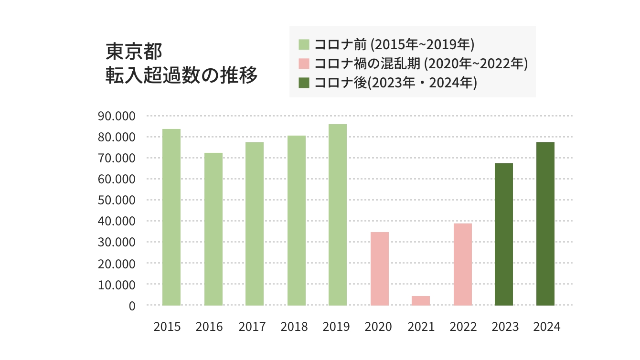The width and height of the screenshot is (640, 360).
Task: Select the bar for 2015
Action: click(x=171, y=217)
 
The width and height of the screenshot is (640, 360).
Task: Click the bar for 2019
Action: click(x=338, y=215)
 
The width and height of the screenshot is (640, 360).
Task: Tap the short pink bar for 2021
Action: click(x=421, y=301)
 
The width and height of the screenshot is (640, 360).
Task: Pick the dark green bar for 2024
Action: click(x=545, y=224)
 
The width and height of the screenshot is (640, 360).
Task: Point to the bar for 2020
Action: click(x=379, y=269)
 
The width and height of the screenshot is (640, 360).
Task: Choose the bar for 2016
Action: click(x=213, y=229)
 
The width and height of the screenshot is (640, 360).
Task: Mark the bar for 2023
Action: click(x=504, y=234)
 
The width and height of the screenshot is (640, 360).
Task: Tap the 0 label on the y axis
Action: click(x=132, y=306)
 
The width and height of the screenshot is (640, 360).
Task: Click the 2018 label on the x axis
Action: click(x=294, y=327)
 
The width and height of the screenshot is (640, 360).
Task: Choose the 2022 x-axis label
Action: click(x=463, y=327)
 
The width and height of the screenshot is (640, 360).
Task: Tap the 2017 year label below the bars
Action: click(x=252, y=327)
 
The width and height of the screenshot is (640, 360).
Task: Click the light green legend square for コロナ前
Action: click(x=304, y=45)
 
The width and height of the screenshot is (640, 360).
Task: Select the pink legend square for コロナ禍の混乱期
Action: click(x=304, y=64)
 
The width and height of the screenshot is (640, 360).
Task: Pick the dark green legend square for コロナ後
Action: click(x=304, y=83)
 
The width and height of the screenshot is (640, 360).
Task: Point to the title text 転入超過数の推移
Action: click(x=181, y=75)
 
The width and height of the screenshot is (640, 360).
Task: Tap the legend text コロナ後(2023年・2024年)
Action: click(x=396, y=83)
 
